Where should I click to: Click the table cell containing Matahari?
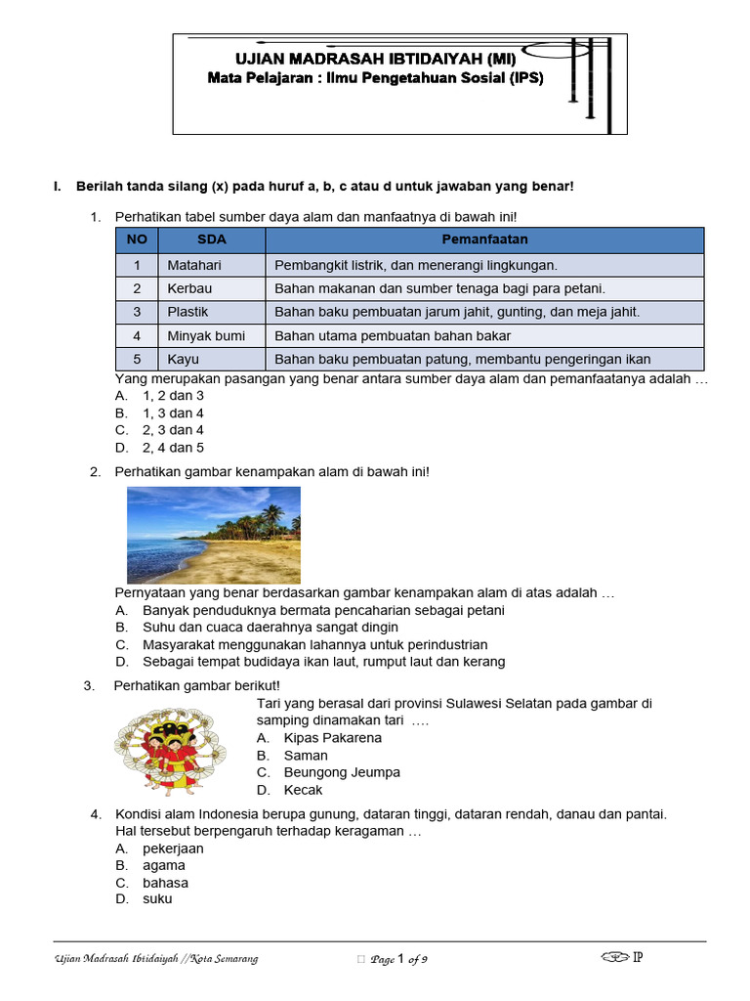[x=210, y=265]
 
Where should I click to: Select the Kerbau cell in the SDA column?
[x=210, y=288]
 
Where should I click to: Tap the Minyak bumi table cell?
[x=210, y=335]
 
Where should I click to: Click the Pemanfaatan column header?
[x=484, y=239]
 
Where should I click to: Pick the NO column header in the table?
[x=137, y=239]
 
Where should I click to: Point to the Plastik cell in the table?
[x=210, y=312]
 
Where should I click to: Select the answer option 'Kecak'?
[x=303, y=790]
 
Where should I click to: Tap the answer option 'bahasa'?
[x=165, y=883]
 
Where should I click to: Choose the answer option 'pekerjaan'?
[x=173, y=849]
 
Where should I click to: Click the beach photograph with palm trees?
[x=214, y=535]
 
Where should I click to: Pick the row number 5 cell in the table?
[x=137, y=359]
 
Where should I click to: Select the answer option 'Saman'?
[x=306, y=756]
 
